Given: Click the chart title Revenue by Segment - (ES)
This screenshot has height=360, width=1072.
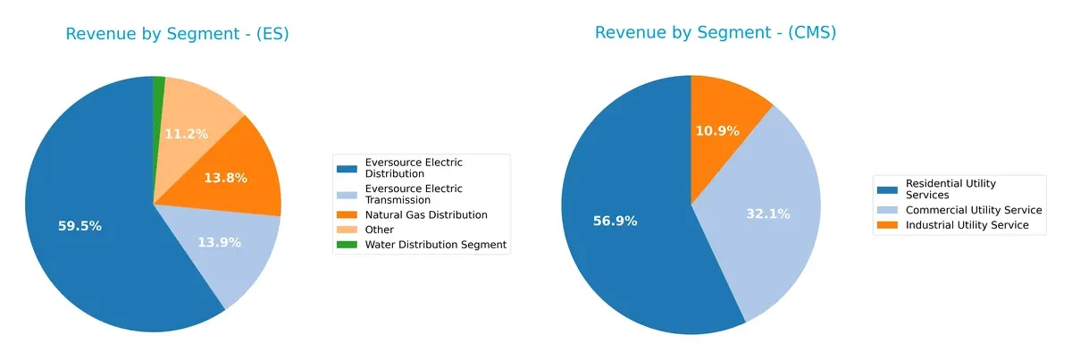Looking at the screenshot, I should tap(177, 35).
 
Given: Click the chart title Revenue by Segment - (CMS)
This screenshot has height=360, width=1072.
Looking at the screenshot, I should tap(715, 33).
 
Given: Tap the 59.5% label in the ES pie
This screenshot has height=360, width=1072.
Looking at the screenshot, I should tap(80, 226).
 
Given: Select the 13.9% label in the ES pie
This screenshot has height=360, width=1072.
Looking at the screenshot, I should tap(219, 242).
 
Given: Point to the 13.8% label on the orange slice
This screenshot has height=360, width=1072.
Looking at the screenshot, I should tap(225, 178).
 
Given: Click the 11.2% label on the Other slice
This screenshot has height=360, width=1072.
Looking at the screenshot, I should tap(186, 134).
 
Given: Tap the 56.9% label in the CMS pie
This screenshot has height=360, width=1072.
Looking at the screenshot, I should tap(615, 221).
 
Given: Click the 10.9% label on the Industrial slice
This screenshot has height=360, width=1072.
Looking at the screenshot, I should tap(717, 130).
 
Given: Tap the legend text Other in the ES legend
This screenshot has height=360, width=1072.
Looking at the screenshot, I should tap(381, 230).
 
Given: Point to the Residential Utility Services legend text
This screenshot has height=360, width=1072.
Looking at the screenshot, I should tap(951, 188).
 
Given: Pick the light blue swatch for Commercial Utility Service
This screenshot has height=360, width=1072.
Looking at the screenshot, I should tap(888, 211).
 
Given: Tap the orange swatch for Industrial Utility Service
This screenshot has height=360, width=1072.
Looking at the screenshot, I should tap(888, 225).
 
